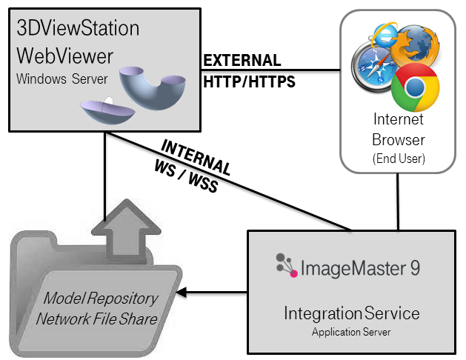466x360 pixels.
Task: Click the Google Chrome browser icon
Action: pyautogui.click(x=416, y=87)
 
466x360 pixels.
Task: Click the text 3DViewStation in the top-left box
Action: pyautogui.click(x=79, y=29)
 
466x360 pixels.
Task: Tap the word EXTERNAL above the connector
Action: pyautogui.click(x=242, y=60)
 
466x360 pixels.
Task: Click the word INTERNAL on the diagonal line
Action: pyautogui.click(x=196, y=155)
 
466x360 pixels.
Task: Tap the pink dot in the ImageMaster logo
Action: pyautogui.click(x=293, y=274)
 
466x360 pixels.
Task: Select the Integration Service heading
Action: pyautogui.click(x=351, y=313)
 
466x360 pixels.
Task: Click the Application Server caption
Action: pyautogui.click(x=351, y=332)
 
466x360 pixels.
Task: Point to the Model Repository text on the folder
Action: pyautogui.click(x=100, y=299)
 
